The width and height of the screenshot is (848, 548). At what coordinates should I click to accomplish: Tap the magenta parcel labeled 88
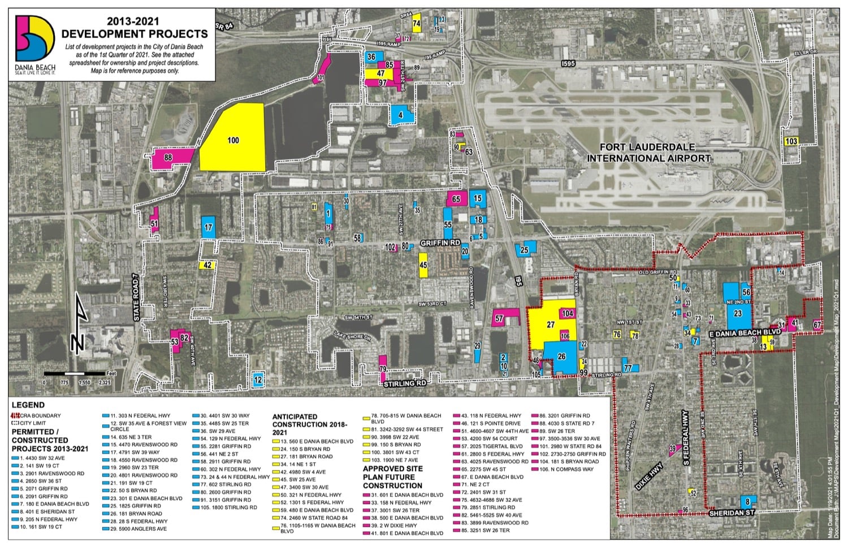pyautogui.click(x=168, y=158)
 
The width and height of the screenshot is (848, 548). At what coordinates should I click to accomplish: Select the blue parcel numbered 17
pyautogui.click(x=209, y=228)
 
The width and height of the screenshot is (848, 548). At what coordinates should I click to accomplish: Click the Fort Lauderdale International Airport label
pyautogui.click(x=648, y=153)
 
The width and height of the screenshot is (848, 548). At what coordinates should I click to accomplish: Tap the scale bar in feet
pyautogui.click(x=77, y=374)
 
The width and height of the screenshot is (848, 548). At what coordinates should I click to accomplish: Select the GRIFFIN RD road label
pyautogui.click(x=440, y=243)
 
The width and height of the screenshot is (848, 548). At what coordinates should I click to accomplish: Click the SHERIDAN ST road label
pyautogui.click(x=732, y=512)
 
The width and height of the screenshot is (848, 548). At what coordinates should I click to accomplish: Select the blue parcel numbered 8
pyautogui.click(x=747, y=502)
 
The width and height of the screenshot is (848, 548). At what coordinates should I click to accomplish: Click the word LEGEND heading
pyautogui.click(x=28, y=405)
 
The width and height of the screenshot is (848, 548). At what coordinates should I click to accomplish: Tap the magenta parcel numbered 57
pyautogui.click(x=500, y=319)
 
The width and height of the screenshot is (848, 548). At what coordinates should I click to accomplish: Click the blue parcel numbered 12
pyautogui.click(x=258, y=380)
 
